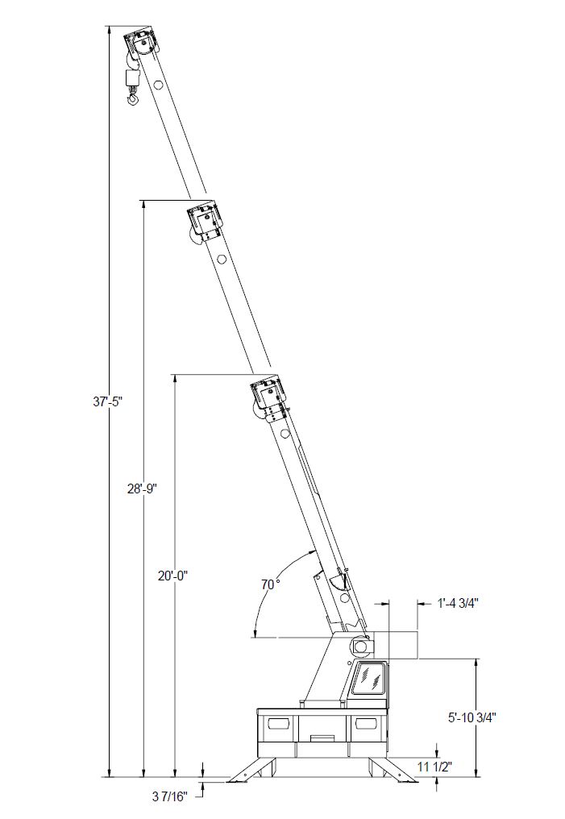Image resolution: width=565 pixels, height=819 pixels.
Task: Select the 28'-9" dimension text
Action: tap(143, 488)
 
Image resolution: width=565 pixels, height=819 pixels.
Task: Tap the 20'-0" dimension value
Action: tap(172, 576)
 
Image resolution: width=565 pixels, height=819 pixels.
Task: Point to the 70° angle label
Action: tap(271, 585)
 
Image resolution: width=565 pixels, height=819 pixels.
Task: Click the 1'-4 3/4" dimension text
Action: tap(458, 603)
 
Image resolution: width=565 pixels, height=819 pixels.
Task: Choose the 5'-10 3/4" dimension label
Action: tap(472, 717)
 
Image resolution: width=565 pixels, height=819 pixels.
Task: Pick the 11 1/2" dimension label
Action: tap(434, 767)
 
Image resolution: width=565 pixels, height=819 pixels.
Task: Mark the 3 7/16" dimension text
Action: tap(170, 796)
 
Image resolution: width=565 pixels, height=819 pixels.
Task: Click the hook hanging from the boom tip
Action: tap(134, 98)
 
